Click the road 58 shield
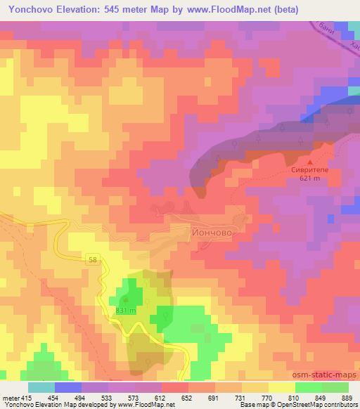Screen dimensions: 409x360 pos(94,260)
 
